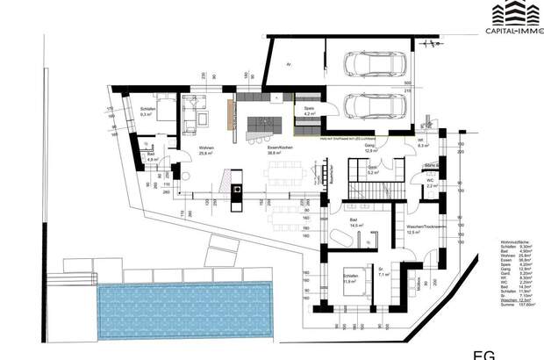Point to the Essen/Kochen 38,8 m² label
tap(279, 150)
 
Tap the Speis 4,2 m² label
tap(309, 112)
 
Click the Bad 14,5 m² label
tap(355, 224)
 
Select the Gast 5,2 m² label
tap(372, 172)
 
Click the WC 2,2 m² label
tap(431, 184)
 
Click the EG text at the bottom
tap(483, 355)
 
